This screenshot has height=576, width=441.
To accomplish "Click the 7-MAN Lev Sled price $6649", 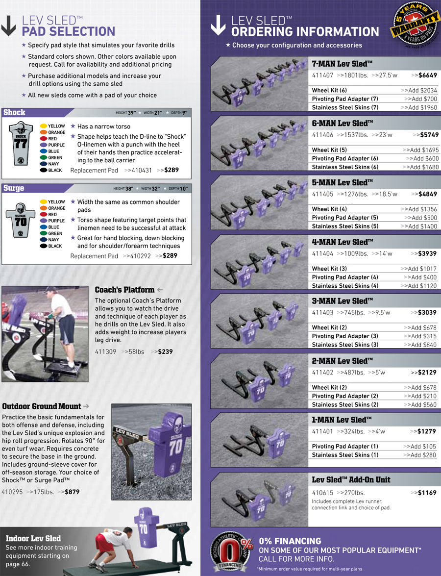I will (x=426, y=75).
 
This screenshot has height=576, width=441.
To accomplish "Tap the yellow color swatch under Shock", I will (x=44, y=126).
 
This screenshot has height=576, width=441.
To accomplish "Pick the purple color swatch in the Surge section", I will (x=44, y=221).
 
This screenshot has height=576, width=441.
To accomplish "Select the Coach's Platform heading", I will (x=124, y=290).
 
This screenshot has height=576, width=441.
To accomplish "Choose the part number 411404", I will (x=322, y=253).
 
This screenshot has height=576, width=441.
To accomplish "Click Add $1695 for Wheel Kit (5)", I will (x=422, y=150).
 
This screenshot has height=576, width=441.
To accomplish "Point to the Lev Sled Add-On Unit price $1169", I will (x=426, y=492).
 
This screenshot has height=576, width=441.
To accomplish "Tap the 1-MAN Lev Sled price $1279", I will (x=426, y=431).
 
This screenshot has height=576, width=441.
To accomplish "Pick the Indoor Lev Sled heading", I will (x=33, y=538).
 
